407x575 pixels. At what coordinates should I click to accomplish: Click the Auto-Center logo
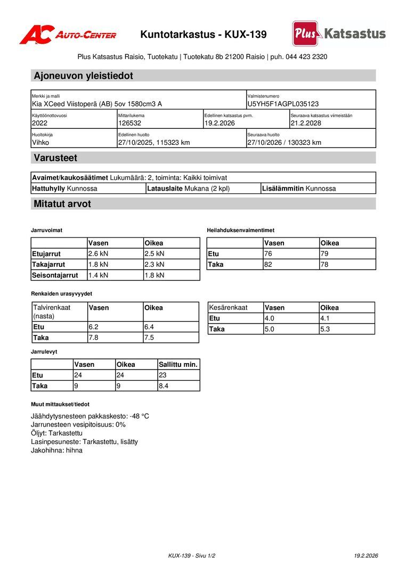tap(68, 35)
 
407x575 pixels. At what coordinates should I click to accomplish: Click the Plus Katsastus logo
tap(339, 34)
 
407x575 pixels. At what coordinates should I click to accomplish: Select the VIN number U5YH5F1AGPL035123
tap(283, 104)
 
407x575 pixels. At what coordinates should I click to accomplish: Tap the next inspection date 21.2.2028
tap(306, 123)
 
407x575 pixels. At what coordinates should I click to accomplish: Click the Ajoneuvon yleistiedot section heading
tap(83, 76)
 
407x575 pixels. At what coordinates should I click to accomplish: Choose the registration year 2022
tap(40, 123)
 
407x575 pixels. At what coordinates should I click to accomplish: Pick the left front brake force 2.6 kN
tap(98, 253)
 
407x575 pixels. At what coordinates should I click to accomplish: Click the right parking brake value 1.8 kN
tap(154, 275)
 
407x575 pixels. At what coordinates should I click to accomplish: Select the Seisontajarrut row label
tap(55, 275)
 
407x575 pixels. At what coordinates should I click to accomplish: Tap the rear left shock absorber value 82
tap(268, 264)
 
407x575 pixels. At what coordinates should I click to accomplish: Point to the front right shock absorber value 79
tap(324, 253)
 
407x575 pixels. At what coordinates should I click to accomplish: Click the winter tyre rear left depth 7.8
tap(93, 338)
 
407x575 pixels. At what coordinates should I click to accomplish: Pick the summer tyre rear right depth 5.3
tap(325, 329)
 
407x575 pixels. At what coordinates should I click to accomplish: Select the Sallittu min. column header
tap(178, 365)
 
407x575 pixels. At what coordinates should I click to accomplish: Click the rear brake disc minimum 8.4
tap(164, 386)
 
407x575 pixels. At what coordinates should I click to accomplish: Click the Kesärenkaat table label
tap(229, 308)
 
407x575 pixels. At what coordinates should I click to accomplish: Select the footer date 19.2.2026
tap(366, 556)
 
